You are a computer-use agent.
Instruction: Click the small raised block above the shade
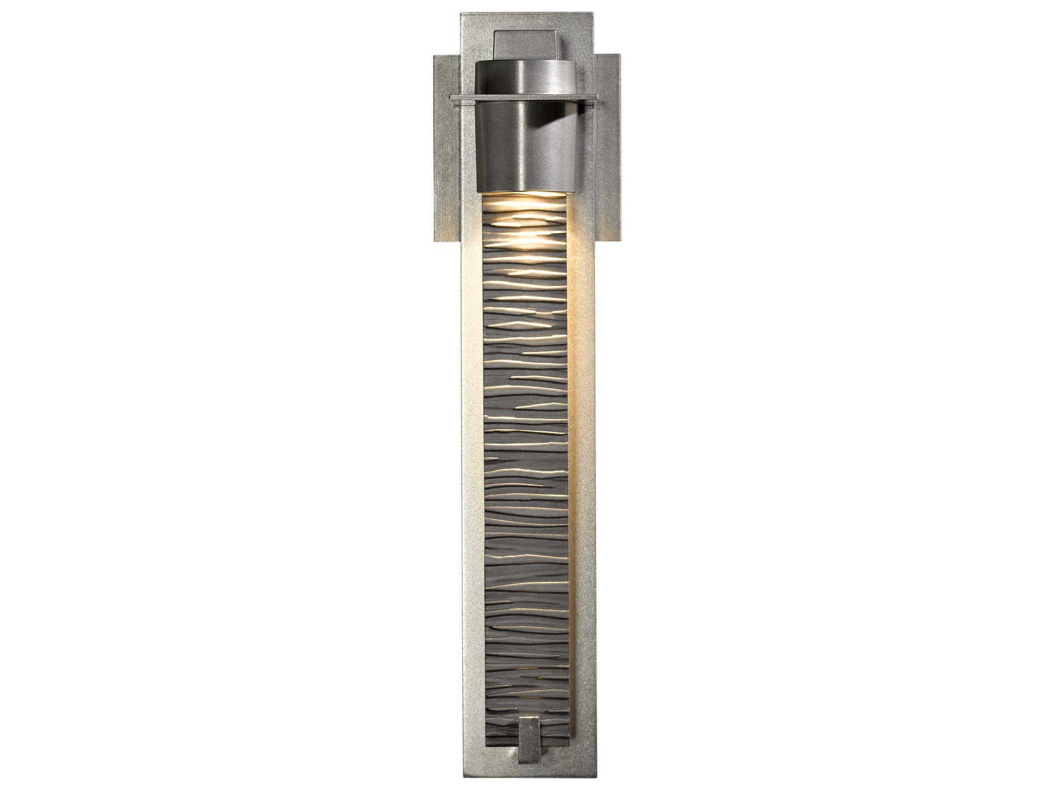[x=526, y=45]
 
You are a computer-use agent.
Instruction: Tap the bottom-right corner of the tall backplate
[x=596, y=777]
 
